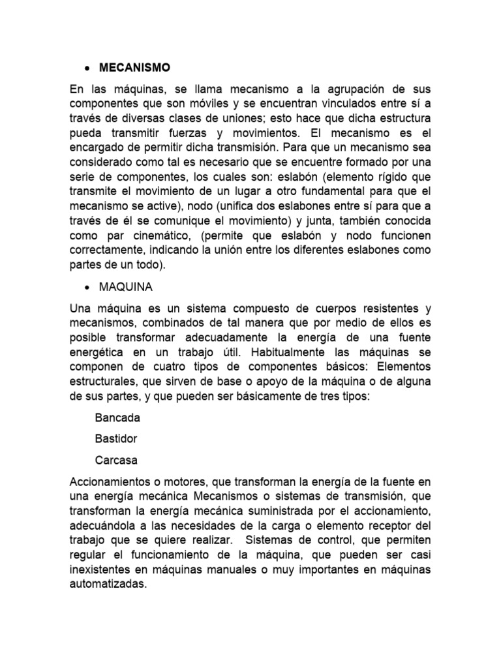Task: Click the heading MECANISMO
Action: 134,67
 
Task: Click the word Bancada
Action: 117,417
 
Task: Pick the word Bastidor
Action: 117,438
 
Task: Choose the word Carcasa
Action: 116,460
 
